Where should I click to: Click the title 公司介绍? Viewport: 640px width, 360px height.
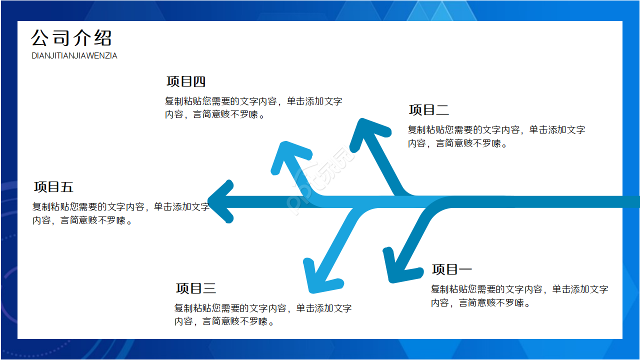pos(71,38)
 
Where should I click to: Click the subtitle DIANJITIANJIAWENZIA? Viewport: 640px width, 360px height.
pos(74,56)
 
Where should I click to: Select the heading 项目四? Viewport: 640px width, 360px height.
pos(186,81)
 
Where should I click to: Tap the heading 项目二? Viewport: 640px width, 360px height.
pos(429,110)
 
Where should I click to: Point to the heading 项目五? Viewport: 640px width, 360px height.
pos(53,187)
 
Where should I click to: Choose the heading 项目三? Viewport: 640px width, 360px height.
pos(196,288)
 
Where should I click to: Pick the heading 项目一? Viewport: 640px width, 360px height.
pos(452,269)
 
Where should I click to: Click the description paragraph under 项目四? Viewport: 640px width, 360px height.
pos(253,107)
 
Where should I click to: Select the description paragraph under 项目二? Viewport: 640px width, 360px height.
pos(496,136)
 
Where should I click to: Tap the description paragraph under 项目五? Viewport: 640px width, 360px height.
pos(120,213)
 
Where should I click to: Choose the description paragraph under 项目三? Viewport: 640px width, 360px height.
pos(263,315)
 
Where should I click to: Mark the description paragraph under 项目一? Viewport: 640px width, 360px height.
pos(519,296)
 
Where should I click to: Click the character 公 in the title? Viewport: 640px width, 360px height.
pos(40,38)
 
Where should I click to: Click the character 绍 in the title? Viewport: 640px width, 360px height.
pos(102,38)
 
